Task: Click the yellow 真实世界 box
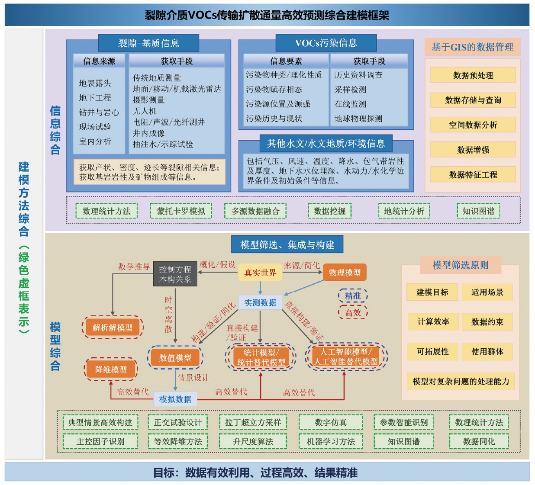pos(260,273)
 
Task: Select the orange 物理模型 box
pos(345,273)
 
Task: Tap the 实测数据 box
pos(260,302)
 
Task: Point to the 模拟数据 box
pos(175,399)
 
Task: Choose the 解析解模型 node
pos(113,328)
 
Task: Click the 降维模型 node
pos(111,369)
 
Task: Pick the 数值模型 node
pos(175,358)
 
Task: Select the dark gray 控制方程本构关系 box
pos(175,274)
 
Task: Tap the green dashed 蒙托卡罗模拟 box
pos(181,211)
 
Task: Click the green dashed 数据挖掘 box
pos(330,211)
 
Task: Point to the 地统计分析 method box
pos(404,211)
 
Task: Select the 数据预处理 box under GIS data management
pos(473,75)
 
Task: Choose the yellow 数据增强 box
pos(473,150)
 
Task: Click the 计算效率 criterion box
pos(433,321)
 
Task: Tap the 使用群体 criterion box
pos(487,351)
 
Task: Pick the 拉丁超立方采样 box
pos(253,422)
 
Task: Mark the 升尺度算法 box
pos(253,441)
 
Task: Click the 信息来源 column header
pos(99,61)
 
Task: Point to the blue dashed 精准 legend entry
pos(353,296)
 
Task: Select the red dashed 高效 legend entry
pos(353,312)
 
